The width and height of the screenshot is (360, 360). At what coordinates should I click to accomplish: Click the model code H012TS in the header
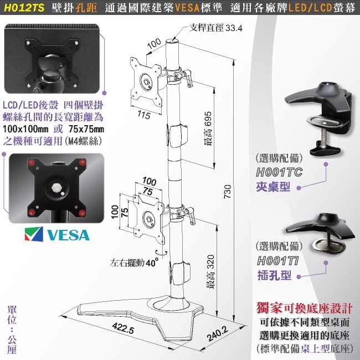tap(22, 8)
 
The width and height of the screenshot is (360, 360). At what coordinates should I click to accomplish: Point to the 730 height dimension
tap(227, 191)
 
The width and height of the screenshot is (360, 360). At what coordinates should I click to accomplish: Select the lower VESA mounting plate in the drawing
tap(147, 217)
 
